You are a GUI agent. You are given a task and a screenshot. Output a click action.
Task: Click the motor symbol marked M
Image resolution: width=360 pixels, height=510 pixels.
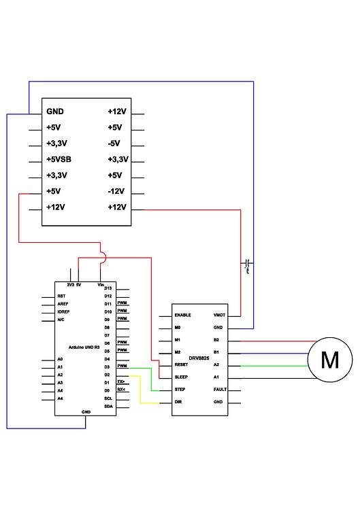330,359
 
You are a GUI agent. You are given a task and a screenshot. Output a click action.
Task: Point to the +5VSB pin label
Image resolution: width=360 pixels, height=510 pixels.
59,159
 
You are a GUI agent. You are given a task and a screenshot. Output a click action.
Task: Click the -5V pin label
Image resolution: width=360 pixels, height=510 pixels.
114,143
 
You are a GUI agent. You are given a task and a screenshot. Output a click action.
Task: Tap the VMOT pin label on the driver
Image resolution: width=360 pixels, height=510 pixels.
219,316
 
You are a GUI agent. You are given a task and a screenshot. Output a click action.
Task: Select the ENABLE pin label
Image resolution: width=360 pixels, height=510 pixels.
184,316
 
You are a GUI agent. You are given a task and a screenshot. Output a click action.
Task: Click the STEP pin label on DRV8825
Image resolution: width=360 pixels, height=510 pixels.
180,390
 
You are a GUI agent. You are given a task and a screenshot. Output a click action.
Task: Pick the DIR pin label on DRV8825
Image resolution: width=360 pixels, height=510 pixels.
179,402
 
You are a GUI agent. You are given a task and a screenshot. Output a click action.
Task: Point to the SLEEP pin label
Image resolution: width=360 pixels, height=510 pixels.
182,377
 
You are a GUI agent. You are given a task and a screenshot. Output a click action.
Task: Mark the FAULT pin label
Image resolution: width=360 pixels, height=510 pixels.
219,390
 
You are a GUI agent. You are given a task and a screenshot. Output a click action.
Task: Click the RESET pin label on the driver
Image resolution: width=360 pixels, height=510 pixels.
182,364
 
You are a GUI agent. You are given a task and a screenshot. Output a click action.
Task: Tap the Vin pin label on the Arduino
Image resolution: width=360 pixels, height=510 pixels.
101,284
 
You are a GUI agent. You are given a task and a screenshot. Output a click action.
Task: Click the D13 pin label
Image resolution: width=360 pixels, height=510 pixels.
108,288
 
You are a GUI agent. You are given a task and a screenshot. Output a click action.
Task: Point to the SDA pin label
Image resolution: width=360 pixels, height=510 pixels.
108,406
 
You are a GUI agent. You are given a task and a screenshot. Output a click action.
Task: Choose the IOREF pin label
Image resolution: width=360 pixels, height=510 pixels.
63,311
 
